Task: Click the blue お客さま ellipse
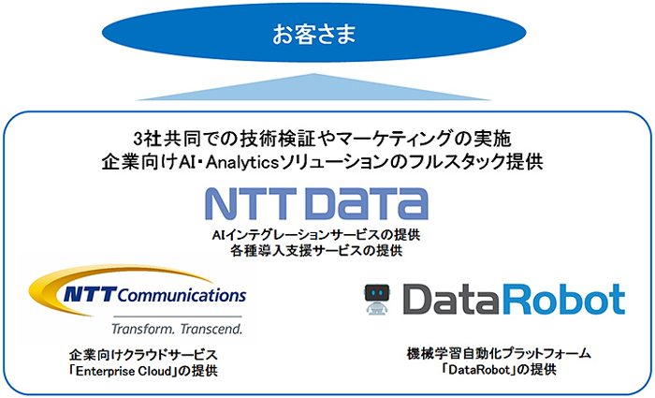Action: coord(313,33)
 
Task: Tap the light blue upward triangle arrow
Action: coord(313,87)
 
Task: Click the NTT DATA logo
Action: coord(316,203)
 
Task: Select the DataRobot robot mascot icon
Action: coord(376,299)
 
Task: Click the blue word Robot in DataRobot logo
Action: coord(563,299)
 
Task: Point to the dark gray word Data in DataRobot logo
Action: coord(452,300)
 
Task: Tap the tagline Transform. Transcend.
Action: coord(177,329)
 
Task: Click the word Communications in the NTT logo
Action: coord(182,295)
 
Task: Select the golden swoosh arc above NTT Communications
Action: coord(113,285)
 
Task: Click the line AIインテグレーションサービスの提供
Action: coord(316,235)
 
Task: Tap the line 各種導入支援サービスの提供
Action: coord(316,251)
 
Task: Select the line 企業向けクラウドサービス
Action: coord(143,355)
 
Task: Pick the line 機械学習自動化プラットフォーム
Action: coord(499,354)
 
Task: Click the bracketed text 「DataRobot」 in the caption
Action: coord(479,370)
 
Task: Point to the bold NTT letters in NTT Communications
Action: coord(89,295)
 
